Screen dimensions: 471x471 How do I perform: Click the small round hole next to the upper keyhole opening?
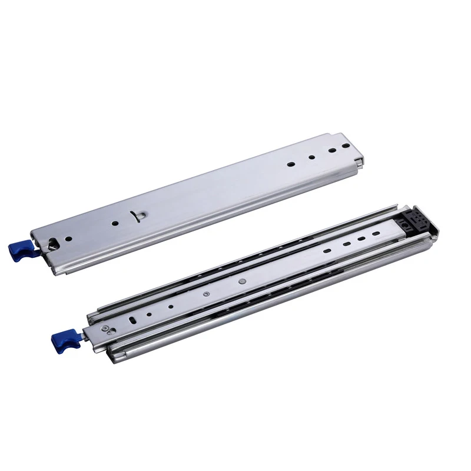[x=69, y=238]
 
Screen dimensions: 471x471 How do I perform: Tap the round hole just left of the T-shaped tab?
[x=115, y=224]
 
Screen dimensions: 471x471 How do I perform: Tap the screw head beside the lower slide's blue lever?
[x=105, y=328]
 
